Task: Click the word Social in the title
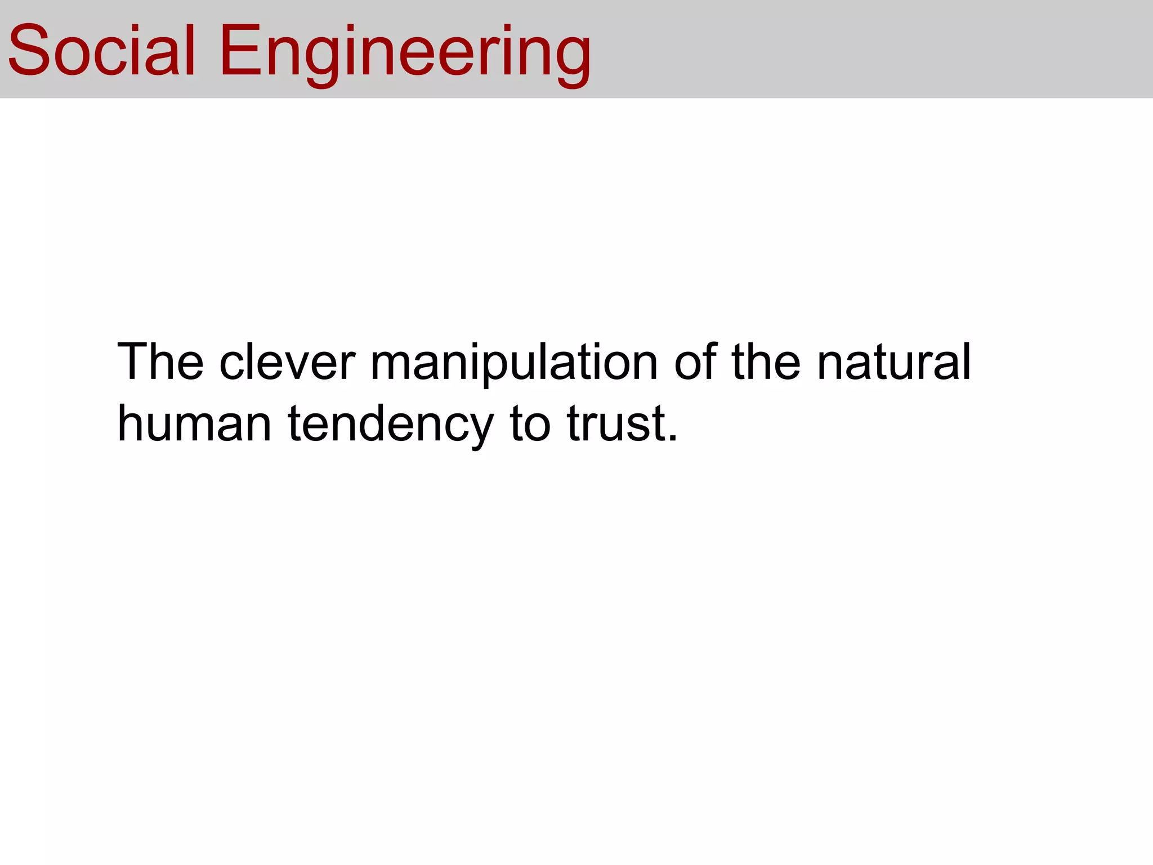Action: pyautogui.click(x=101, y=51)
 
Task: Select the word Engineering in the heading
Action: pyautogui.click(x=405, y=53)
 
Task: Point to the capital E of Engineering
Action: pyautogui.click(x=239, y=51)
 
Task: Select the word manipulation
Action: pyautogui.click(x=514, y=363)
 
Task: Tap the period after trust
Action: pyautogui.click(x=672, y=438)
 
